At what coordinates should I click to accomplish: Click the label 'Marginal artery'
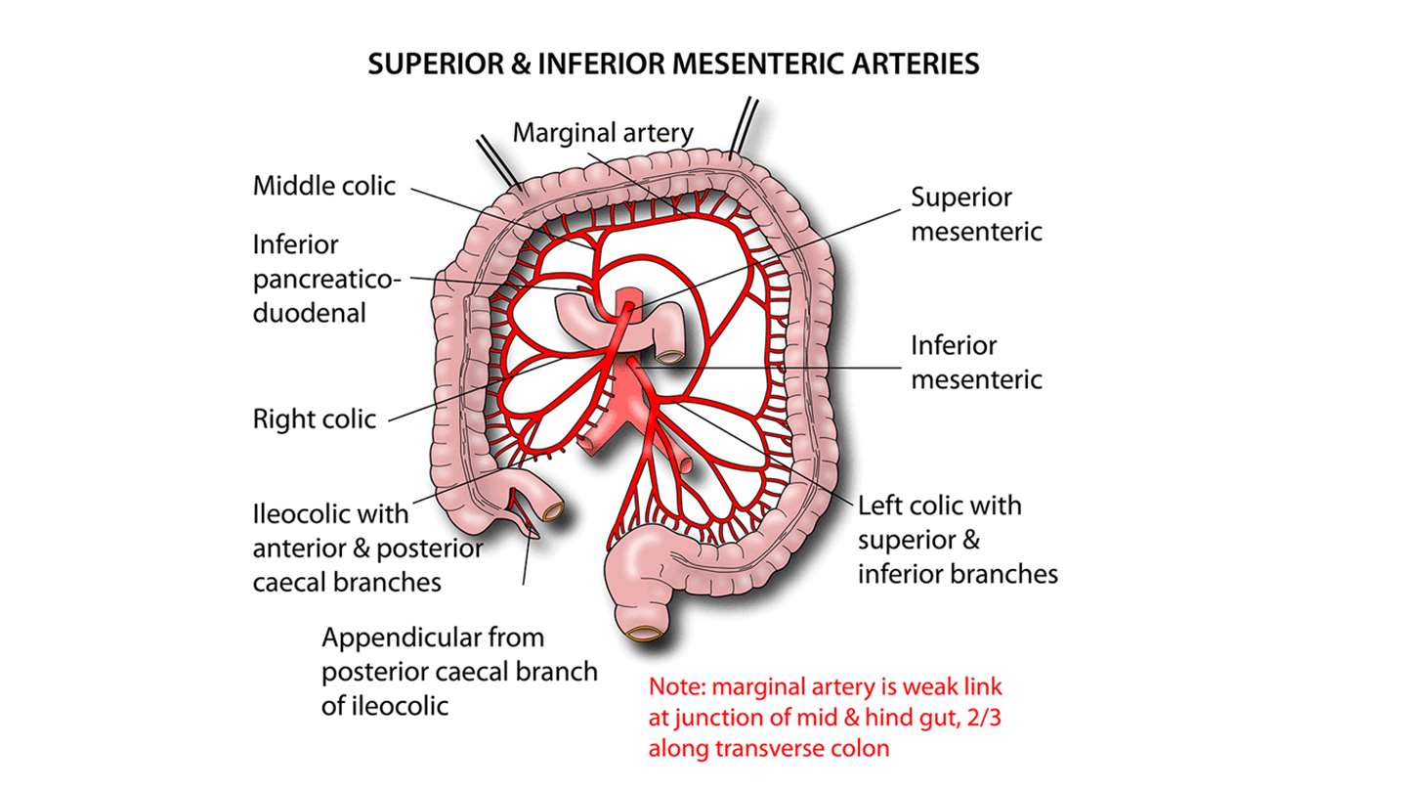(602, 132)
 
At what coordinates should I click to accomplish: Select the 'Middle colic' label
(323, 186)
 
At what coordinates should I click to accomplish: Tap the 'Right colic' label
(314, 419)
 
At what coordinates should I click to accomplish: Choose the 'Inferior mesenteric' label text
(976, 362)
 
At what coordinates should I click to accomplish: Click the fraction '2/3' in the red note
(974, 717)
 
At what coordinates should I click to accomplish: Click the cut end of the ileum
(556, 511)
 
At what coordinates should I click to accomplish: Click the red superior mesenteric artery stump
(626, 300)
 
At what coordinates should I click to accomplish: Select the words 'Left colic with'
(939, 506)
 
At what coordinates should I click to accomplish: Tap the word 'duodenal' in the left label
(309, 313)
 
